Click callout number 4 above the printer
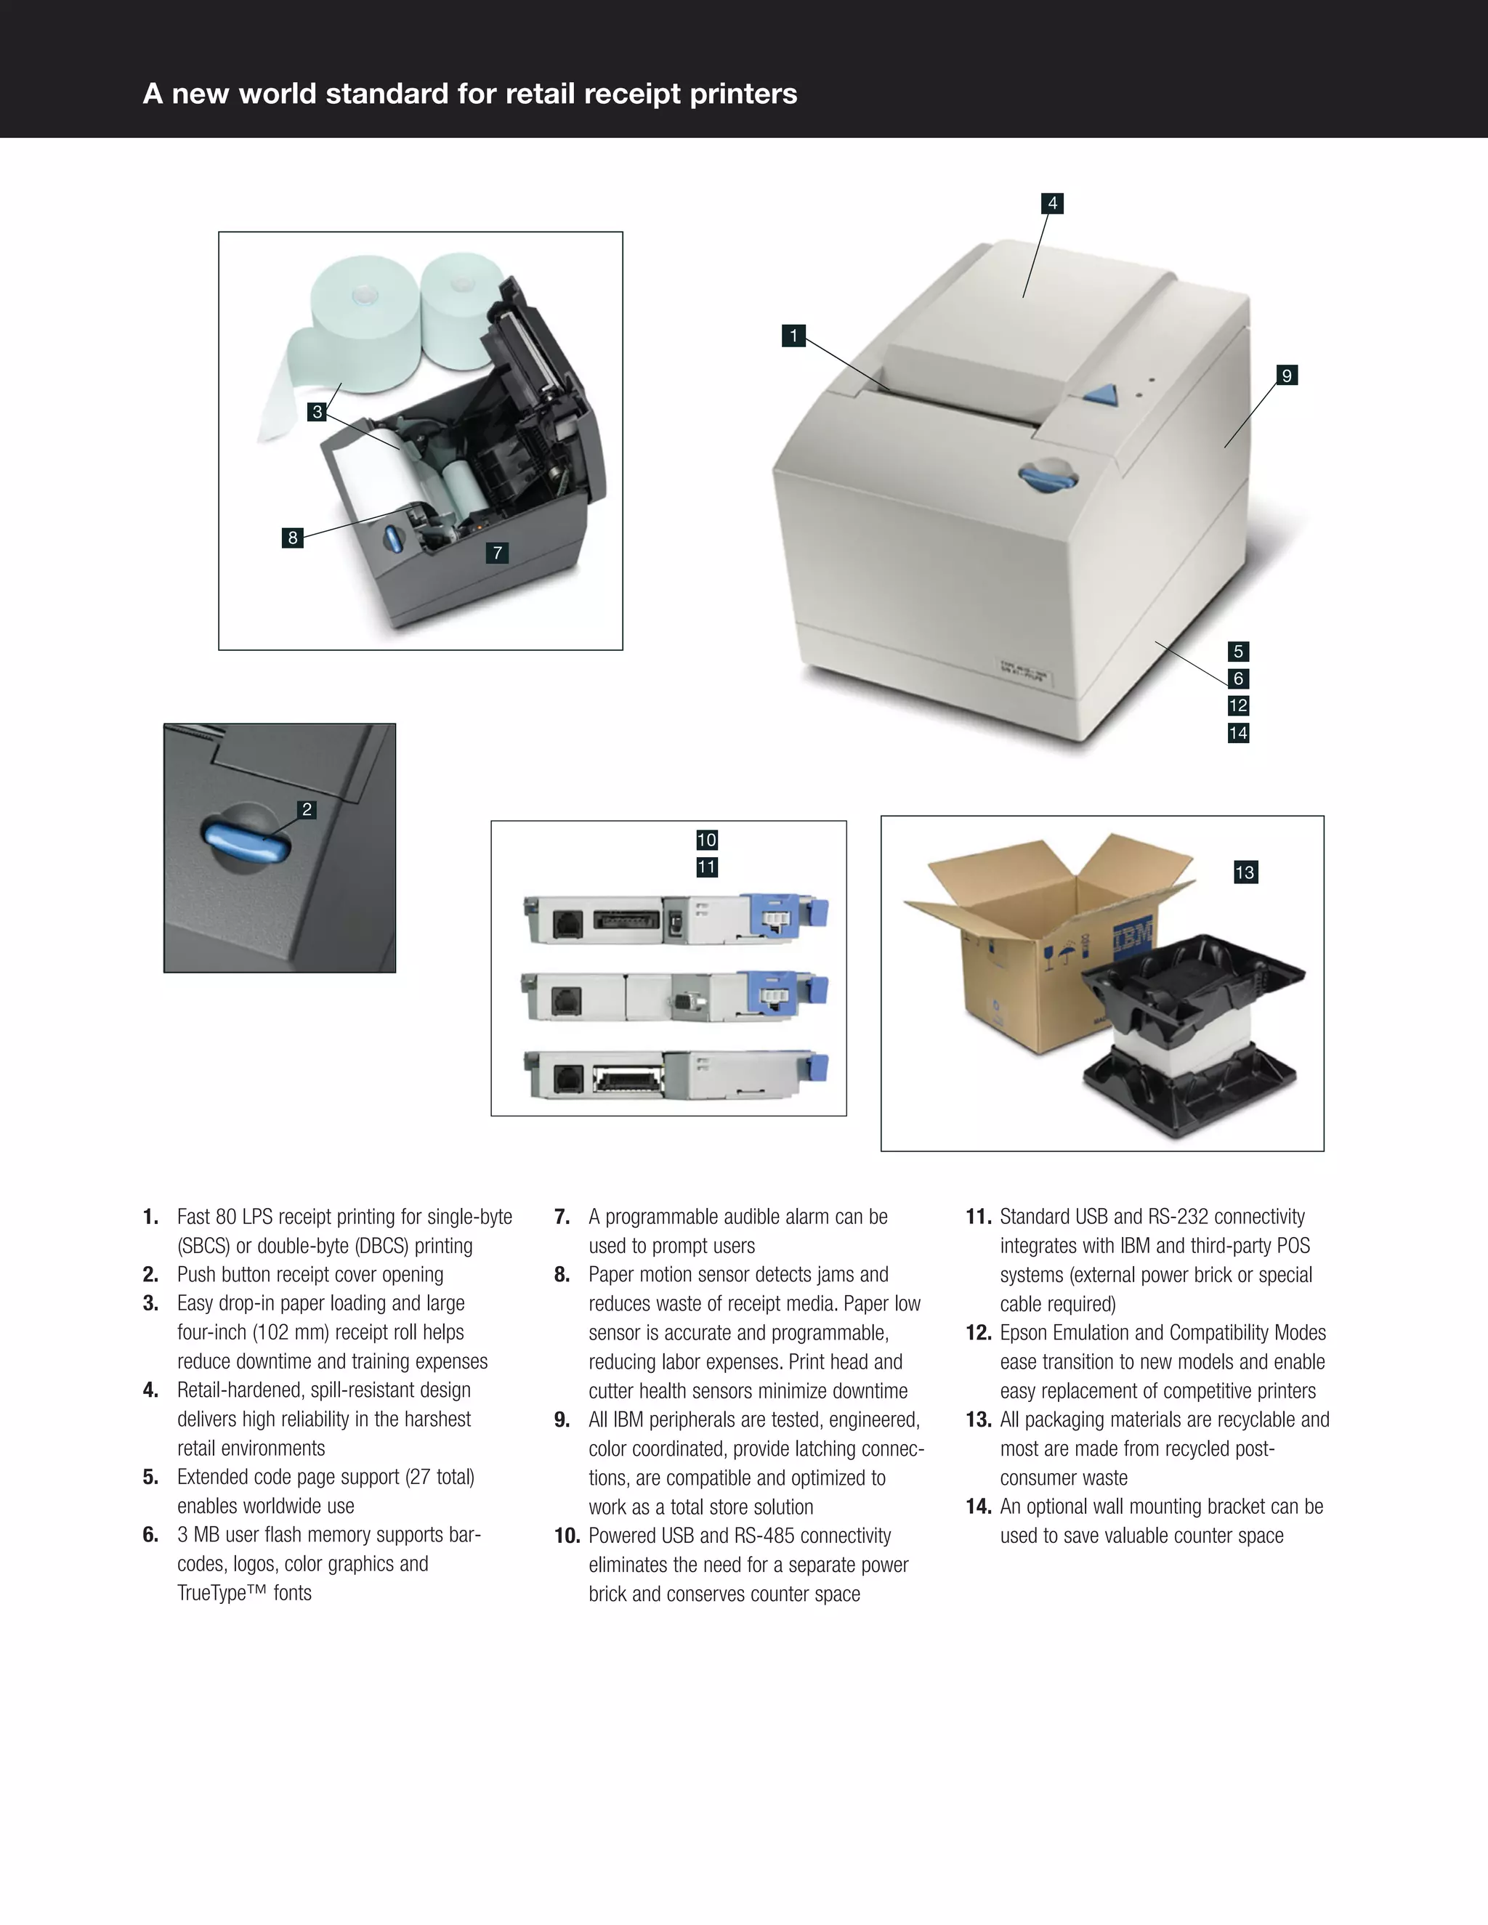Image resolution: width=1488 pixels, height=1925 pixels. coord(1051,203)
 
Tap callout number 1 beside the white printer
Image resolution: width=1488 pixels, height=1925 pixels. coord(793,336)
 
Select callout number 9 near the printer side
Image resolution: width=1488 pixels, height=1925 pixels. coord(1286,376)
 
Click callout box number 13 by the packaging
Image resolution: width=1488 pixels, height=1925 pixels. coord(1245,872)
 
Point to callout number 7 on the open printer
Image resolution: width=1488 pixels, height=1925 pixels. coord(497,553)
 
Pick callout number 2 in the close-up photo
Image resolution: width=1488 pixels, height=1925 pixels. coord(307,809)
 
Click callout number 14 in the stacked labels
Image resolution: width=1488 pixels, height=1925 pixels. coord(1237,732)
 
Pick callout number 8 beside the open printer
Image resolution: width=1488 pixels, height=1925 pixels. coord(293,537)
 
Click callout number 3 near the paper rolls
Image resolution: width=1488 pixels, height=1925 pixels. coord(318,412)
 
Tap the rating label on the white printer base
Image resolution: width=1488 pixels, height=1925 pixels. coord(1024,672)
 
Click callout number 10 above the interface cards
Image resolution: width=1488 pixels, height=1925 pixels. coord(706,840)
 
